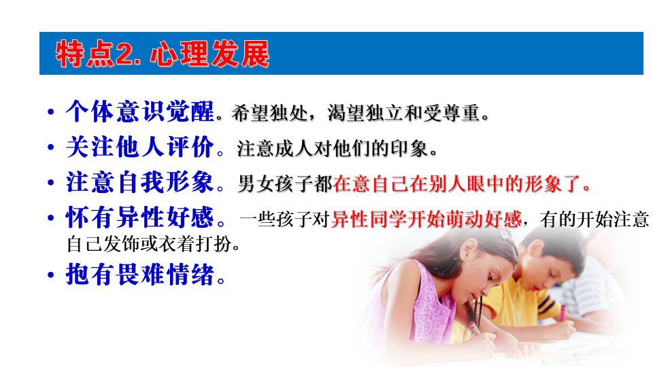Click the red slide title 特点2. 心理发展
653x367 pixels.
(x=163, y=54)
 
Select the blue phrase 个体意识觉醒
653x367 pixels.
(x=140, y=111)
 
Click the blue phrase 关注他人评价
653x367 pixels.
(x=140, y=147)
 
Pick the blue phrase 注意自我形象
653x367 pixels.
(x=140, y=182)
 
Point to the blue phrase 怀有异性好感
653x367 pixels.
(x=140, y=217)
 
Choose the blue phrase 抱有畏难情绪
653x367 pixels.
(x=140, y=274)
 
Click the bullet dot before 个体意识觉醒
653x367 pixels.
(x=51, y=112)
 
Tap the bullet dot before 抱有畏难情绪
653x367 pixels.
(x=51, y=275)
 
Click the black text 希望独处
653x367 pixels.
(x=269, y=113)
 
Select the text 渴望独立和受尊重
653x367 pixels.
(x=403, y=113)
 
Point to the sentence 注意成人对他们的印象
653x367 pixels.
(x=333, y=149)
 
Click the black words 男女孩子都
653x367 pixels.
(x=285, y=184)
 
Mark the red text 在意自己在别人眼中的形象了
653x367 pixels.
(x=457, y=184)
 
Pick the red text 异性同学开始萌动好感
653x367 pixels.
(x=426, y=220)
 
